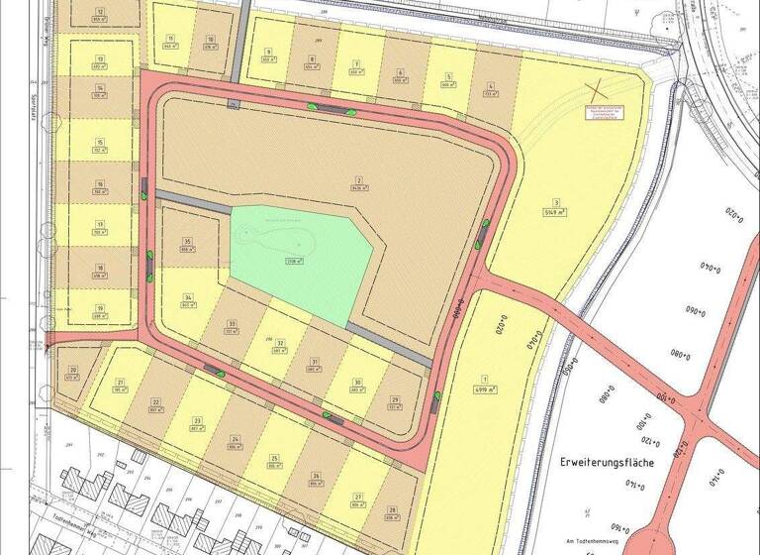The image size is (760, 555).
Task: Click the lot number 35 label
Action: click(186, 242)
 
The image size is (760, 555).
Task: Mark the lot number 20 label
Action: click(72, 368)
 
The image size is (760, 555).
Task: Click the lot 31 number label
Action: click(314, 363)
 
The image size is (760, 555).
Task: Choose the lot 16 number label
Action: click(100, 183)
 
